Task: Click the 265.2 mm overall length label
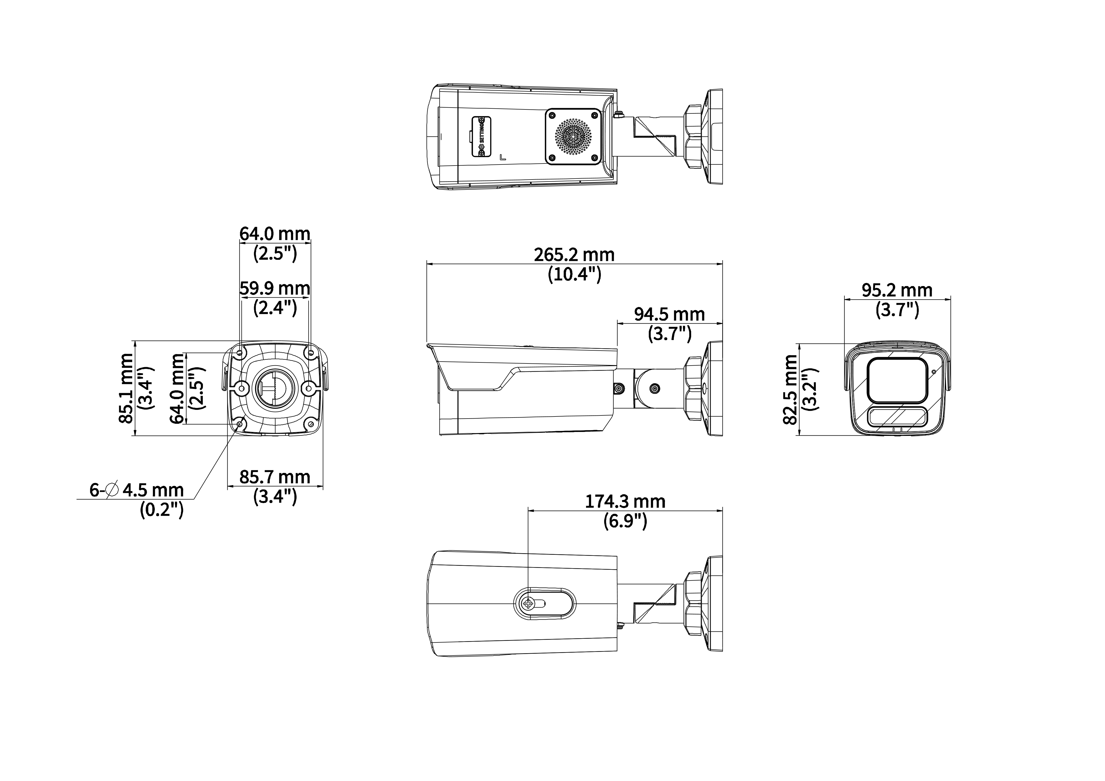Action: [574, 255]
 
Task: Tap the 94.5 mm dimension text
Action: [669, 314]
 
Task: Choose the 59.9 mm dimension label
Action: [275, 288]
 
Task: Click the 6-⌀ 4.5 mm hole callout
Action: [137, 490]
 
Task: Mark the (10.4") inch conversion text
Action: [575, 274]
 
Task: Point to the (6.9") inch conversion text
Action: [625, 521]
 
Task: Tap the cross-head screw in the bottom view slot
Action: [529, 603]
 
